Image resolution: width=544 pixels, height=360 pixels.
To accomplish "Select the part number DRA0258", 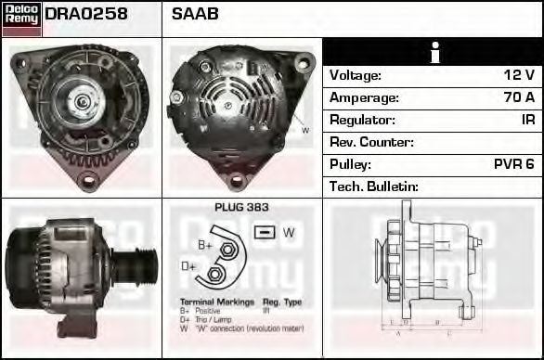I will point(86,15).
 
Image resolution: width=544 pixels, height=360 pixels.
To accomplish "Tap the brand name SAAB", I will point(195,15).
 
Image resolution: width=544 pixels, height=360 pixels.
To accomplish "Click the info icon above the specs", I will point(434,53).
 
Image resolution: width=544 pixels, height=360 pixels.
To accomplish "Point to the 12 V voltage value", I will point(519,75).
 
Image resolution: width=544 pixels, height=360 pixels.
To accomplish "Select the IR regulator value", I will point(528,120).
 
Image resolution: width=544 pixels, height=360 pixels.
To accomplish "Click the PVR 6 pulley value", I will point(513,164).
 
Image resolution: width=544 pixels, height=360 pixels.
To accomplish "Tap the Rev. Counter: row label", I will point(371,142).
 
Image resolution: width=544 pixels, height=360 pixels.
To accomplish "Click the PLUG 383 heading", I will point(241,208).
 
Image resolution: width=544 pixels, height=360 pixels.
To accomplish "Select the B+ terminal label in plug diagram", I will point(205,245).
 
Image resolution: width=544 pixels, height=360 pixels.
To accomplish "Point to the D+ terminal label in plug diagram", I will point(188,266).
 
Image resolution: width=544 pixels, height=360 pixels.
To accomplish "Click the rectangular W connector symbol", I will point(264,232).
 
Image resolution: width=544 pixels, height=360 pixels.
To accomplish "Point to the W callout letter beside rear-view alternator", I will point(305,130).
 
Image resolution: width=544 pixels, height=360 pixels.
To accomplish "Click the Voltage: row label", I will point(356,75).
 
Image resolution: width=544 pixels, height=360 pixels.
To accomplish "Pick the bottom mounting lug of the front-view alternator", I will point(88,178).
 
